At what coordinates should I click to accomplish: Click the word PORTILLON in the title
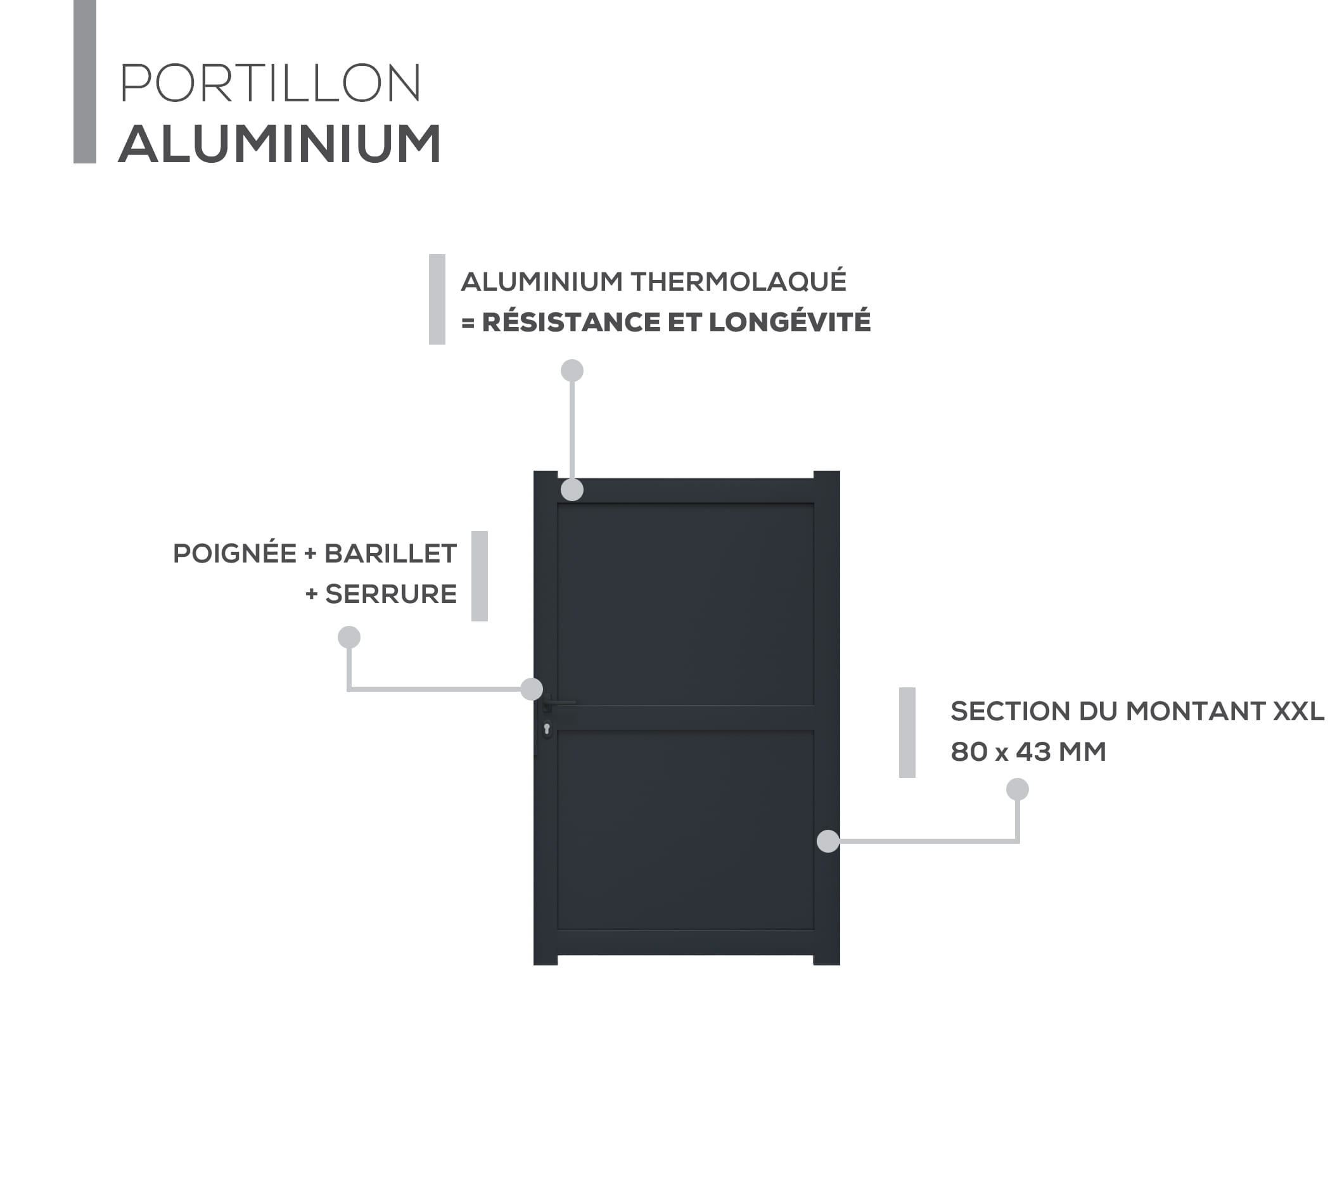point(270,84)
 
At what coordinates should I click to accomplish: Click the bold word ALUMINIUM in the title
point(279,144)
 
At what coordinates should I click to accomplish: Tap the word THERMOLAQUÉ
point(739,281)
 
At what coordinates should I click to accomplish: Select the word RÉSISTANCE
point(570,322)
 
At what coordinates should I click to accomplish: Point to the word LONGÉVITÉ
point(789,322)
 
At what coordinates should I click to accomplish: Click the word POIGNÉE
point(234,554)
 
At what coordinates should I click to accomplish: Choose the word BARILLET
point(390,554)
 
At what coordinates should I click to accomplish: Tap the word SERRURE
point(391,594)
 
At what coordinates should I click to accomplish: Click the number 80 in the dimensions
point(969,752)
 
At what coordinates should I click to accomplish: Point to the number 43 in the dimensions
point(1034,752)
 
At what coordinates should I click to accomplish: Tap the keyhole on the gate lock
point(547,728)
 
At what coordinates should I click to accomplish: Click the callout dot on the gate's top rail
point(572,490)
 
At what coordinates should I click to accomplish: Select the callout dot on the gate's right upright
point(828,841)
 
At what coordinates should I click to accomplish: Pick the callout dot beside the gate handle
point(532,689)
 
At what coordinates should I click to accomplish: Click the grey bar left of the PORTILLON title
point(85,82)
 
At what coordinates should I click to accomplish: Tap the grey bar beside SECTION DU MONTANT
point(907,733)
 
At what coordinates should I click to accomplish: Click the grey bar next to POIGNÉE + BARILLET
point(480,576)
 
